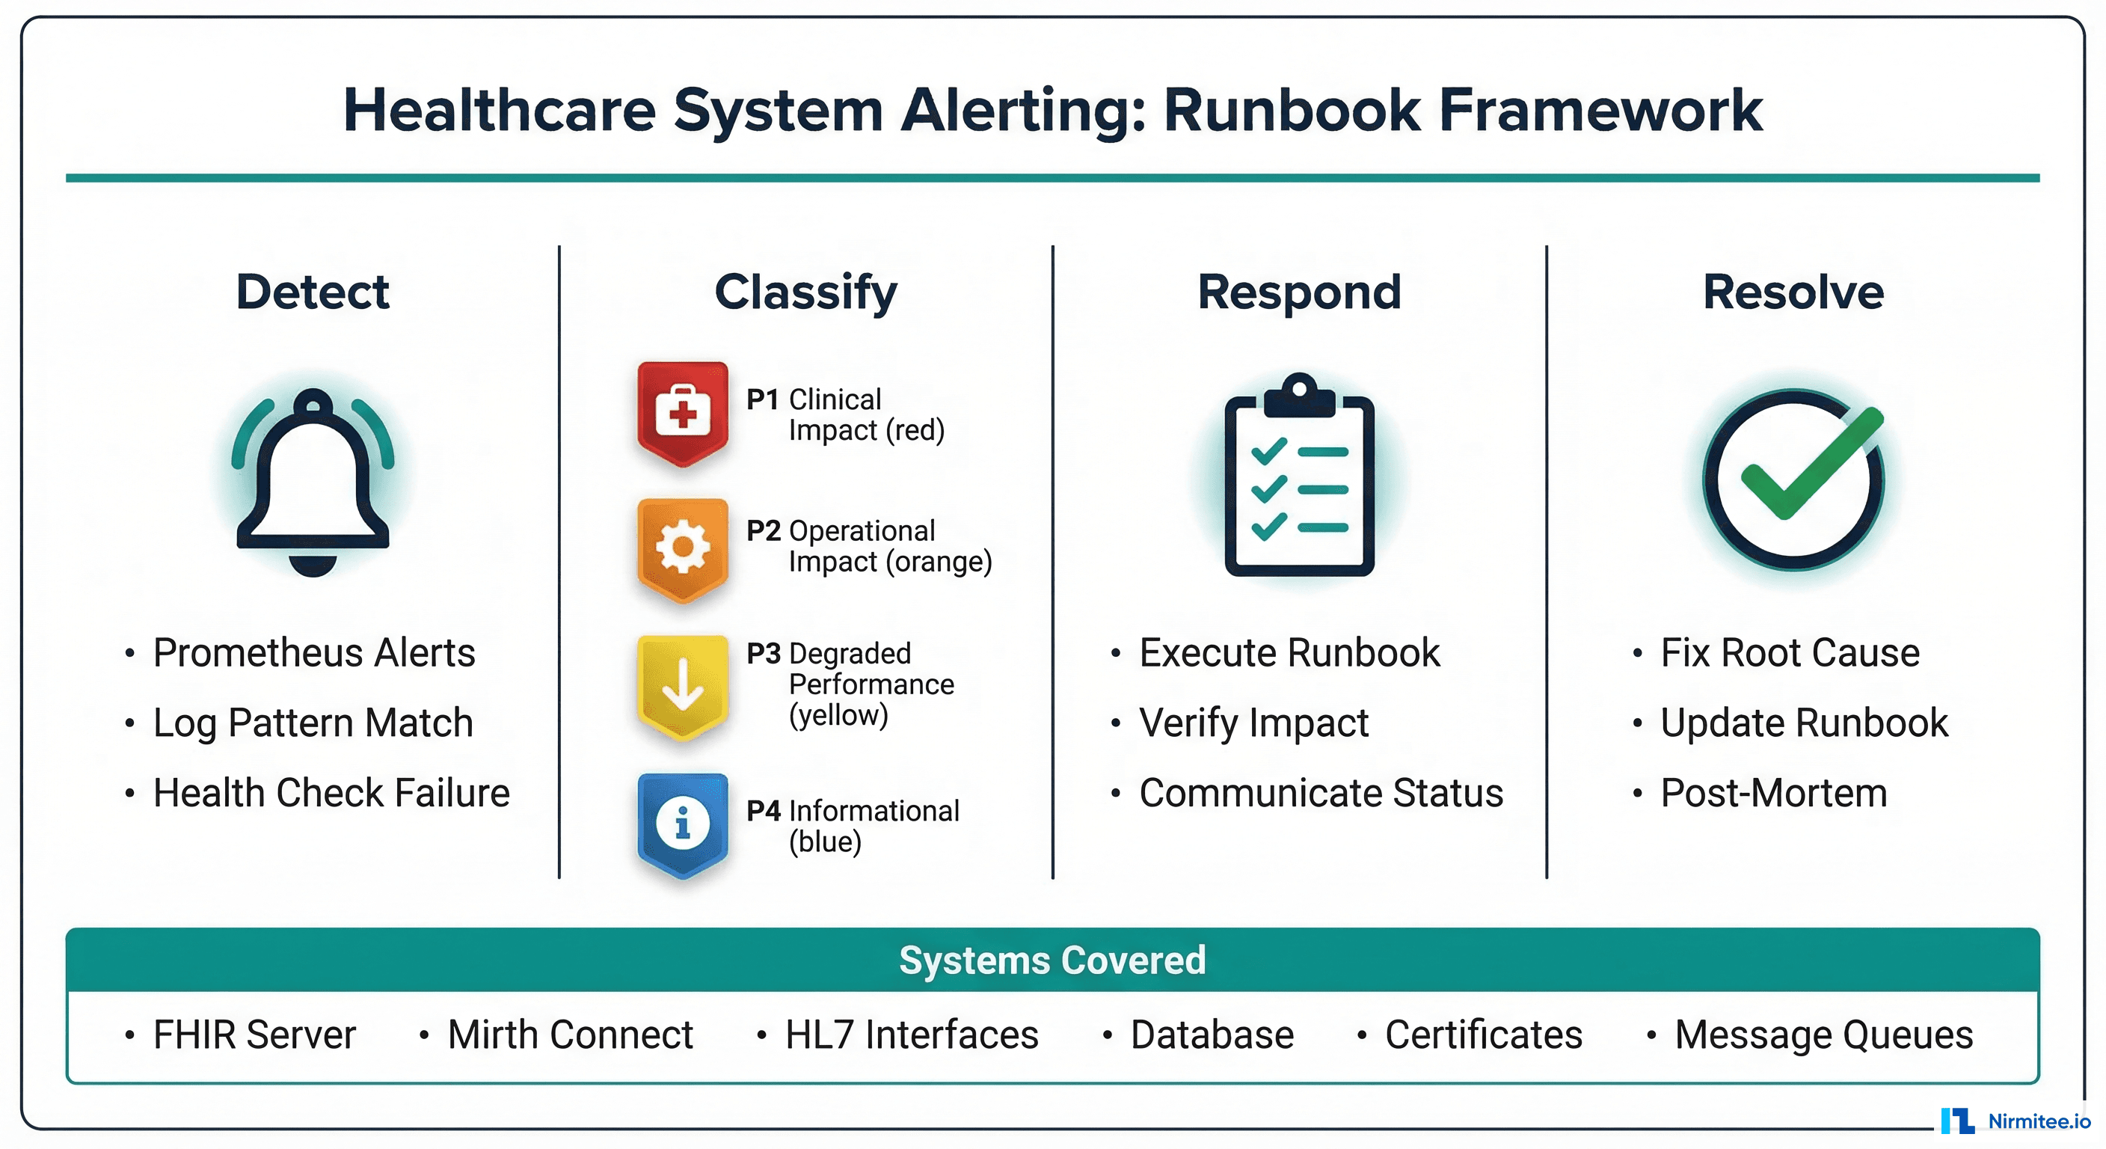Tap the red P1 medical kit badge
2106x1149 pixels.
coord(683,413)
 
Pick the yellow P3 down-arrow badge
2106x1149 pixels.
coord(683,686)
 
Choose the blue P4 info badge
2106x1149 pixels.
coord(683,824)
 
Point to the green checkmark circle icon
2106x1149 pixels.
coord(1795,479)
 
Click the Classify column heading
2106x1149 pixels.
coord(806,292)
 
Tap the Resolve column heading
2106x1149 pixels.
coord(1793,292)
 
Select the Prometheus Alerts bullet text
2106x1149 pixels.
coord(314,652)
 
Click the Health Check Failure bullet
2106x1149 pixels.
coord(331,792)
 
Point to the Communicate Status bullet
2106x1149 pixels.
coord(1320,792)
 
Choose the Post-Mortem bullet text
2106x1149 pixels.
coord(1773,792)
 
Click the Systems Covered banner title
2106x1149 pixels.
coord(1052,960)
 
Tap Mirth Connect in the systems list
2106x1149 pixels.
coord(570,1035)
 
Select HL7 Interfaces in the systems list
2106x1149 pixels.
coord(912,1035)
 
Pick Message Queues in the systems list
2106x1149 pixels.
coord(1823,1035)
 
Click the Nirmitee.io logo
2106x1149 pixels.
coord(2016,1121)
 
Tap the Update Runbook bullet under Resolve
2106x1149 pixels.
coord(1804,723)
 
